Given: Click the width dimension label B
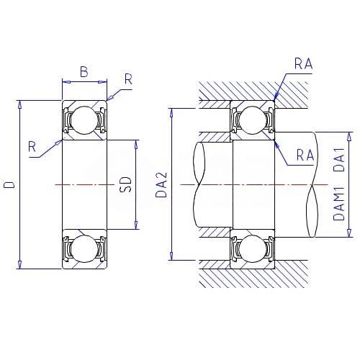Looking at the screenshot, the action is [84, 72].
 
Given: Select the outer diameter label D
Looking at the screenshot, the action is [9, 184].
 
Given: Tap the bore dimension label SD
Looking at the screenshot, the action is [126, 184].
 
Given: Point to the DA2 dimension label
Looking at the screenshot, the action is [161, 184].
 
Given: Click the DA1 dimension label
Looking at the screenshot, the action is [339, 159].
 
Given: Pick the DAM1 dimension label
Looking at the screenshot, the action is [339, 204].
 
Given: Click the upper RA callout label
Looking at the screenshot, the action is [304, 64].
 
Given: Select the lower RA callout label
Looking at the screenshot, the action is [305, 155].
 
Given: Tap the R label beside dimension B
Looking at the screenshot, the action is [129, 79].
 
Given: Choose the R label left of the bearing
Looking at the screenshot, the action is [32, 147].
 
